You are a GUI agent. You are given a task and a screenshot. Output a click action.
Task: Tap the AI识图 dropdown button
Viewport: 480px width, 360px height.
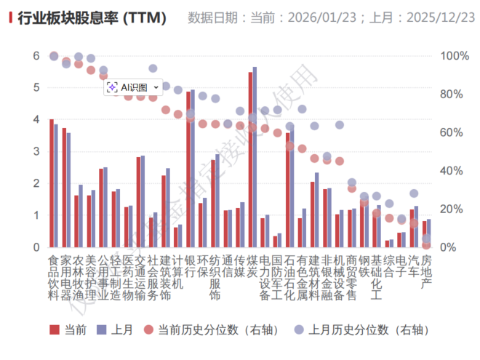(x=133, y=87)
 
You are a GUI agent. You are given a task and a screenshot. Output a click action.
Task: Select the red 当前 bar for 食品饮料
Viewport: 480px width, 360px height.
(x=51, y=183)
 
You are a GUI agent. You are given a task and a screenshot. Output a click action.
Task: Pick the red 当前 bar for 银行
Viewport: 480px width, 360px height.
(x=188, y=169)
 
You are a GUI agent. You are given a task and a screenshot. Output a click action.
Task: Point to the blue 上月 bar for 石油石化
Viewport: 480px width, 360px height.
(x=292, y=187)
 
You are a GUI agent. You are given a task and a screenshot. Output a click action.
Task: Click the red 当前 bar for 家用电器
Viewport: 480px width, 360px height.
(x=64, y=188)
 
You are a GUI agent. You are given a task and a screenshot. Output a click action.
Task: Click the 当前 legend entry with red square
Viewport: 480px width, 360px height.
(x=69, y=329)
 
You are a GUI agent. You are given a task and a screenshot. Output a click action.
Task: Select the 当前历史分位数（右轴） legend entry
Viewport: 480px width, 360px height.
(x=211, y=329)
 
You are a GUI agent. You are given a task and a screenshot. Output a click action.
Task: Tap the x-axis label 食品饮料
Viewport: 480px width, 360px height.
(x=53, y=278)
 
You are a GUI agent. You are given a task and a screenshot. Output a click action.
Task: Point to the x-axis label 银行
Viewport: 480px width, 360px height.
(x=190, y=266)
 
